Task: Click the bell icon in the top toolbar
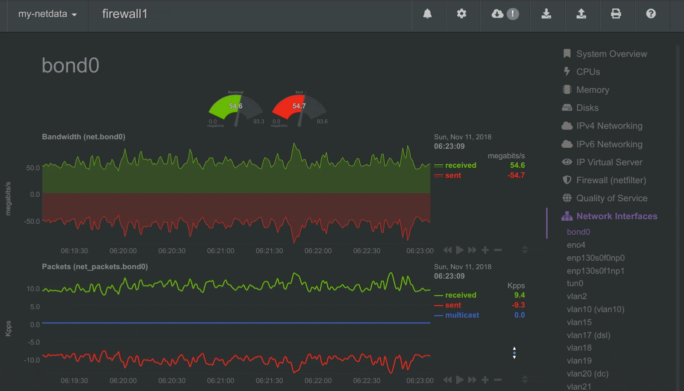pos(427,14)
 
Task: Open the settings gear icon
pos(462,14)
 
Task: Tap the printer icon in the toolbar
pos(616,14)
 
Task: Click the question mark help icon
pos(651,14)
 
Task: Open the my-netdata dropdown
pos(47,14)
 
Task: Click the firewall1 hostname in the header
pos(125,14)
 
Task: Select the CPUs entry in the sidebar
pos(588,72)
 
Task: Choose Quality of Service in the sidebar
pos(612,198)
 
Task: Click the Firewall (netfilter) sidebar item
pos(611,180)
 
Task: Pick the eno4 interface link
pos(576,245)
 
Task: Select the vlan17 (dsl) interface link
pos(589,335)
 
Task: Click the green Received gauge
pos(235,108)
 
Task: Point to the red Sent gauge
pos(299,108)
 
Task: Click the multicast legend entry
pos(462,315)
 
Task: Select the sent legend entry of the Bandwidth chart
pos(453,175)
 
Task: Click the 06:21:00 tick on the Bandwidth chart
pos(220,251)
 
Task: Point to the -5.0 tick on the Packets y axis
pos(33,342)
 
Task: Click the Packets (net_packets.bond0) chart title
pos(95,267)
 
